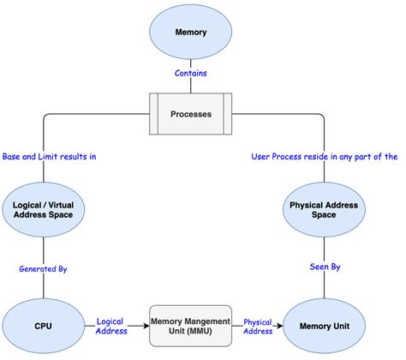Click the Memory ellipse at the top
click(190, 33)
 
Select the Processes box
click(190, 114)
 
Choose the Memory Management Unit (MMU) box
click(190, 326)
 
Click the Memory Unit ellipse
click(325, 326)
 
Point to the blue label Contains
click(190, 74)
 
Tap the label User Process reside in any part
click(324, 157)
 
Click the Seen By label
click(325, 268)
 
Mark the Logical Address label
click(113, 326)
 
